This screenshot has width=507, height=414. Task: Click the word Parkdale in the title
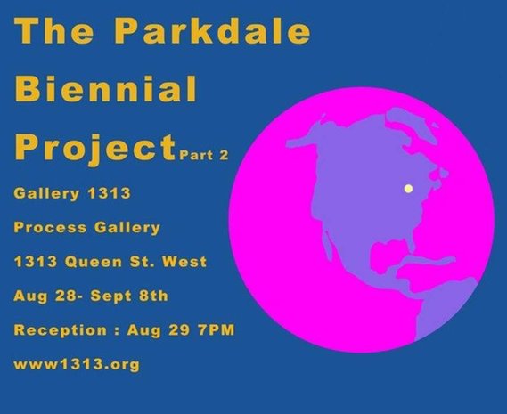click(212, 31)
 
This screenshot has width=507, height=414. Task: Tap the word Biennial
click(106, 88)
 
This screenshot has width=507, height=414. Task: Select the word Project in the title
click(95, 148)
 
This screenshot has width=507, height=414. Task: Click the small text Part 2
click(204, 155)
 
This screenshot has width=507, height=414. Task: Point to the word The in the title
click(54, 31)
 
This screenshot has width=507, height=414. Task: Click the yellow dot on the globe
click(409, 189)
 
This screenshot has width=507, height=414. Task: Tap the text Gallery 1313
click(72, 193)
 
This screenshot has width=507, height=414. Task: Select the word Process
click(50, 228)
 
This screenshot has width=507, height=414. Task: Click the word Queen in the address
click(94, 262)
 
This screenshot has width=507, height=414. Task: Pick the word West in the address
click(184, 262)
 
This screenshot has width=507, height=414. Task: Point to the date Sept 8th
click(129, 296)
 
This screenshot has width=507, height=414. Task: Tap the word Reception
click(60, 330)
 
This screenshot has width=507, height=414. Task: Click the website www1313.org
click(77, 365)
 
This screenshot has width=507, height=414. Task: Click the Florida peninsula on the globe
click(412, 244)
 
